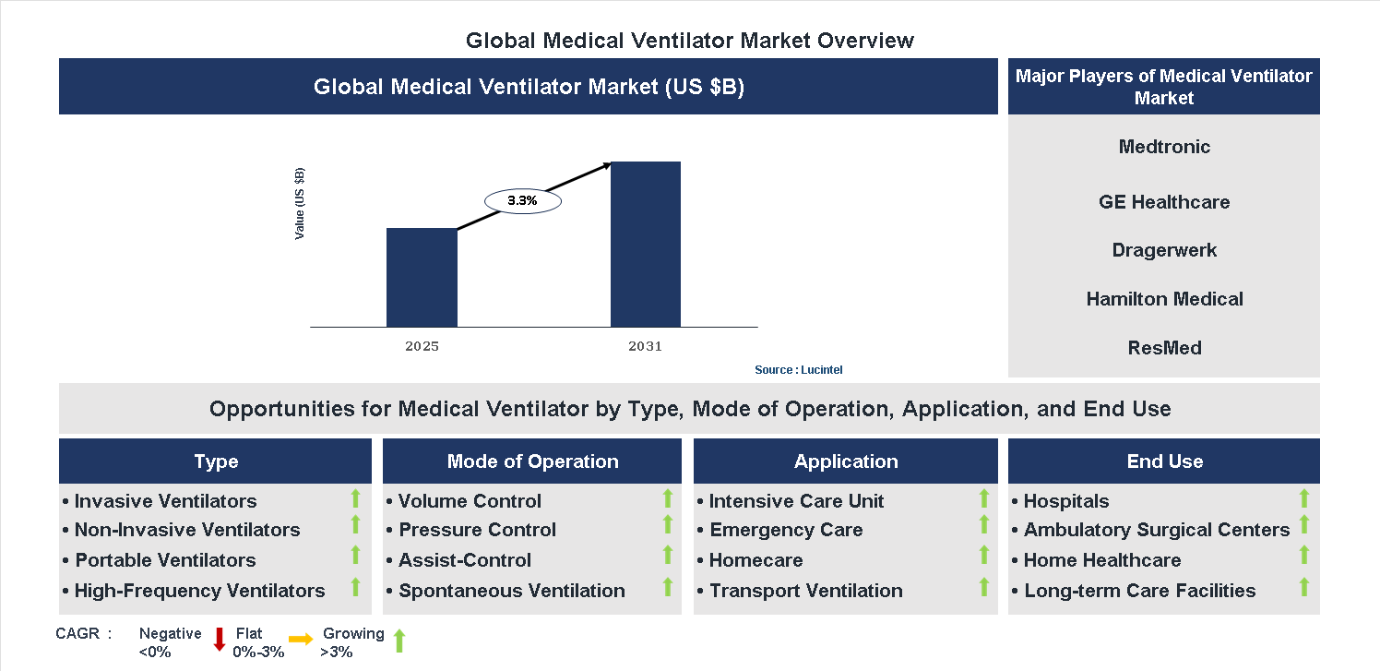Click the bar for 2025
[422, 277]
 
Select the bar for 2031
[646, 245]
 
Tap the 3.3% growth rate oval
[522, 200]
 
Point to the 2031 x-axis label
[645, 347]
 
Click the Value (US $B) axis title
[300, 204]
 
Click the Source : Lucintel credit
[798, 370]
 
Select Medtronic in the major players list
[1164, 147]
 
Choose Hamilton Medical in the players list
[1164, 299]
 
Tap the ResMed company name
[1164, 348]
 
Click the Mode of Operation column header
[532, 461]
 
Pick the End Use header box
[1164, 461]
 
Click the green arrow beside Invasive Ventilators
[355, 499]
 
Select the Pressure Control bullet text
[477, 530]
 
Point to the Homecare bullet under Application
[755, 560]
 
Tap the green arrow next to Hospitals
[1303, 499]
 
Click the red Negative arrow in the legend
[220, 639]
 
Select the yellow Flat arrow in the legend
[301, 639]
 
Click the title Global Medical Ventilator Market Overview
[689, 41]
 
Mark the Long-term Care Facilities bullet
[1139, 591]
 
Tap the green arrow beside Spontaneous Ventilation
[668, 586]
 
